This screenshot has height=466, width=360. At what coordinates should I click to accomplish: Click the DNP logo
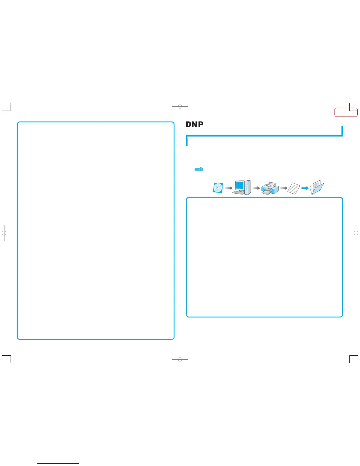coord(194,124)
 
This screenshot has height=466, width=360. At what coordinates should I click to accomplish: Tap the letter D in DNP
coord(189,124)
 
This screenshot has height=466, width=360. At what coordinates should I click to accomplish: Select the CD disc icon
coord(218,188)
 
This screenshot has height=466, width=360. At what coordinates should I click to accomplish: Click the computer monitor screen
coord(240,185)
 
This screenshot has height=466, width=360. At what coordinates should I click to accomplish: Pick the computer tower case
coord(248,187)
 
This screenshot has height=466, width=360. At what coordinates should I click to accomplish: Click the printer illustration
coord(270,188)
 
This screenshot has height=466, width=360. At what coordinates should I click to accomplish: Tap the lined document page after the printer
coord(294,189)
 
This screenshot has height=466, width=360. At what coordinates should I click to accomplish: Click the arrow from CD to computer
coord(229,188)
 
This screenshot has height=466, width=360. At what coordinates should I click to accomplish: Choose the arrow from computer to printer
coord(256,188)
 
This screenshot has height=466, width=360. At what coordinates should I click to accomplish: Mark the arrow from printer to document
coord(284,188)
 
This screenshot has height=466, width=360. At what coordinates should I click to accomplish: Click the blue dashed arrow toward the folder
coord(305,188)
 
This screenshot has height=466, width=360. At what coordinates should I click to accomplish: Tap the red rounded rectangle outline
coord(346,112)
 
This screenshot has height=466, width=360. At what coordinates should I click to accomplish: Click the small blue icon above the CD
coord(199,169)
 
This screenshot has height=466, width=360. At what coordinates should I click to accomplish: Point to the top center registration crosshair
coord(180,107)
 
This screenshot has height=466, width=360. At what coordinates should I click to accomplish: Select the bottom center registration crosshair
coord(180,359)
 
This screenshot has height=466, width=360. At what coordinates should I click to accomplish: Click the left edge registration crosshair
coord(4,233)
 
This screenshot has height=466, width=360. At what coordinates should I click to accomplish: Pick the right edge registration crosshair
coord(356,233)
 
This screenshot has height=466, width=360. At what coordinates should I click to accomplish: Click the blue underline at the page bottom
coord(58,463)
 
